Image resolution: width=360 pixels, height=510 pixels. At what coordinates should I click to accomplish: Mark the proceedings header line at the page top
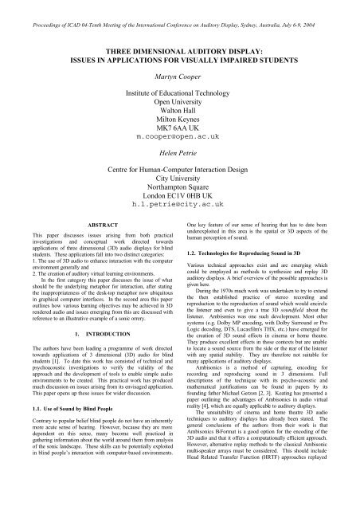pos(179,7)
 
